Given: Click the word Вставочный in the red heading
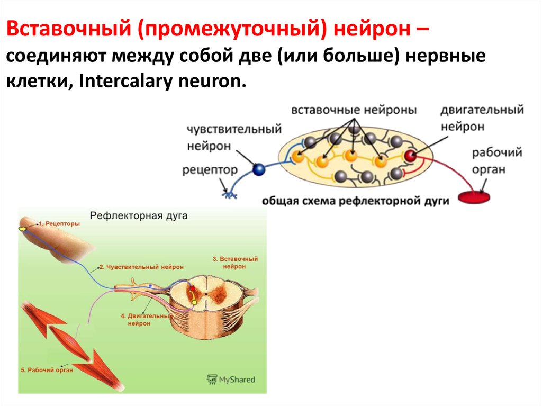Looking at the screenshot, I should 71,30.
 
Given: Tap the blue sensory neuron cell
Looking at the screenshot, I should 259,170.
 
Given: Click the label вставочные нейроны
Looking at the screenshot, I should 354,110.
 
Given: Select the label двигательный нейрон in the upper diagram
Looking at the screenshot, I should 482,118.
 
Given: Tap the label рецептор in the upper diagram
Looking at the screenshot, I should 210,170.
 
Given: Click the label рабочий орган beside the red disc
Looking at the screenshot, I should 496,161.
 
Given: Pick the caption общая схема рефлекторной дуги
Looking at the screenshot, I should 355,201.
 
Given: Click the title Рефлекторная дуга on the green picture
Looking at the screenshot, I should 139,216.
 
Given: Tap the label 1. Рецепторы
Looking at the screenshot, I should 59,224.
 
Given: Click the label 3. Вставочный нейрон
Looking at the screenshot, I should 235,263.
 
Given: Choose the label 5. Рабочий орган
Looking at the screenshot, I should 46,370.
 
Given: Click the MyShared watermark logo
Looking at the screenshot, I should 231,380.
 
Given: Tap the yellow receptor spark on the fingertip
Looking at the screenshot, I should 22,228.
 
